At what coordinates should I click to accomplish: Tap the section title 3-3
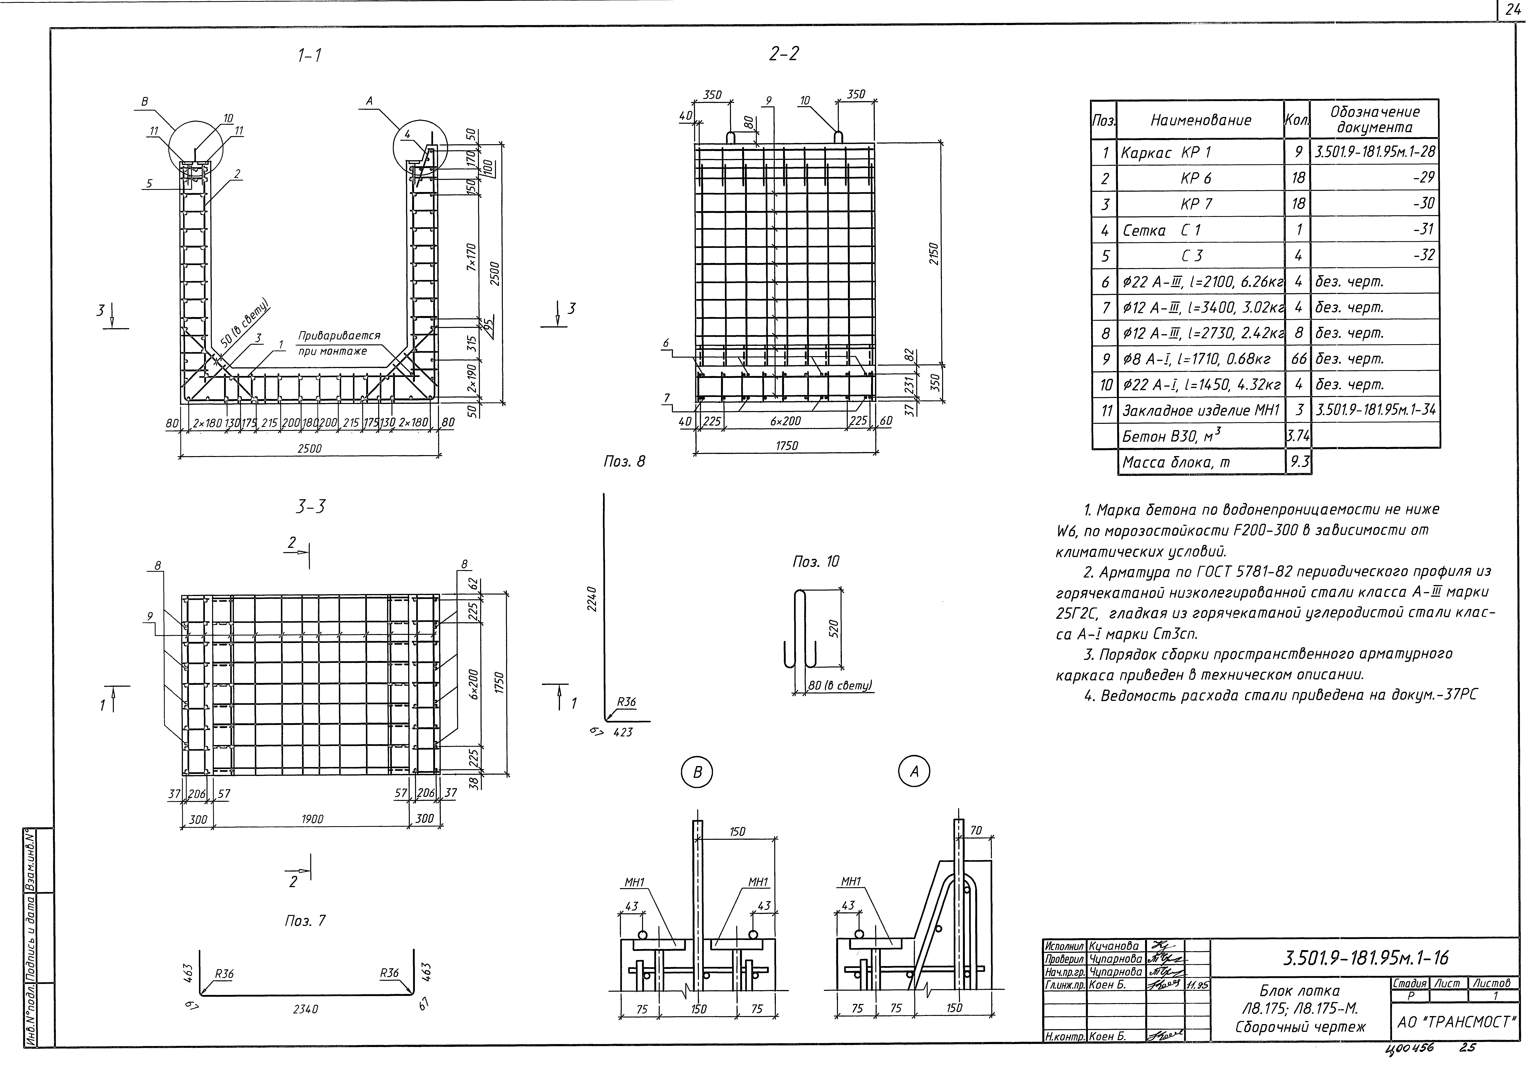(x=310, y=507)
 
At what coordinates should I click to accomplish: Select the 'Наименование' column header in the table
(x=1200, y=120)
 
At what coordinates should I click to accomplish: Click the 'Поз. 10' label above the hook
(x=815, y=562)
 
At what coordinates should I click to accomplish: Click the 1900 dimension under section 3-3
(x=312, y=819)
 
